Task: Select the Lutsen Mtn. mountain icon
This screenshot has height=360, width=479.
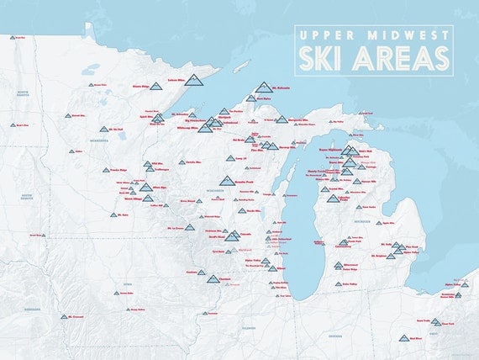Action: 196,82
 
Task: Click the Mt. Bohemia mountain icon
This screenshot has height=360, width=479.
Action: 265,87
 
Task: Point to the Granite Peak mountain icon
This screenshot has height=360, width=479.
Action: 226,181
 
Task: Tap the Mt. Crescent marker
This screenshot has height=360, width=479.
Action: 63,317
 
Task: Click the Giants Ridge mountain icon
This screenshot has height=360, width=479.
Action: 156,85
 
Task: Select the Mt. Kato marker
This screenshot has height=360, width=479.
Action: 113,215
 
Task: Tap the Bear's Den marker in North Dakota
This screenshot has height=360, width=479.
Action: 13,125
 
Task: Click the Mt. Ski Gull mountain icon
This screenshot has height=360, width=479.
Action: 104,130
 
